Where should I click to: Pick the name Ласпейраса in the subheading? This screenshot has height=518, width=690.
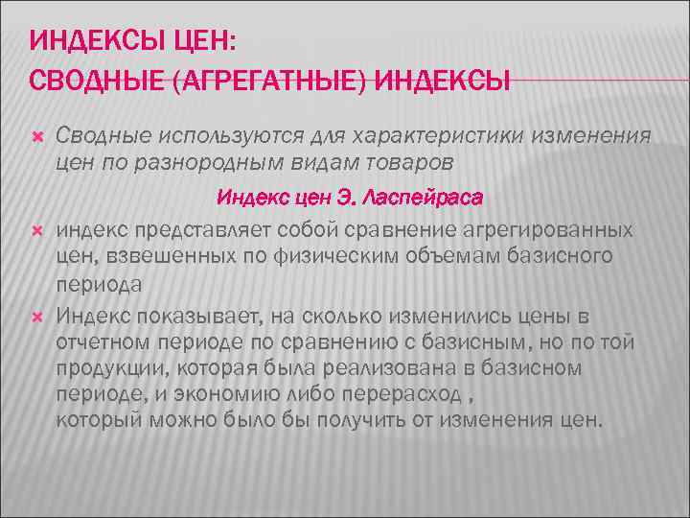(x=423, y=198)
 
